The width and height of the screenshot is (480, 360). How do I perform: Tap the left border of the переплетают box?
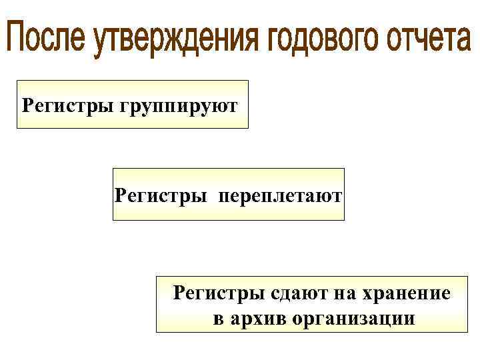point(113,195)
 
